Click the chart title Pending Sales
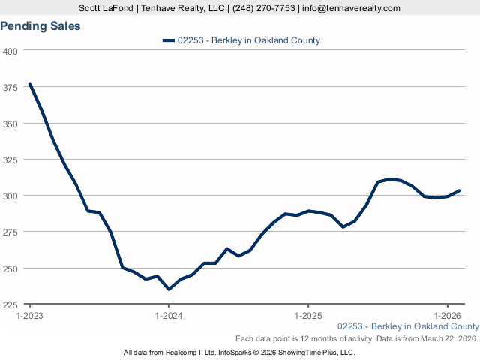pyautogui.click(x=40, y=26)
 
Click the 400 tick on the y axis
pyautogui.click(x=11, y=51)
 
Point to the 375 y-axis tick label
pyautogui.click(x=11, y=87)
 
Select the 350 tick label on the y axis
pyautogui.click(x=11, y=124)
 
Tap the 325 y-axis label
pyautogui.click(x=11, y=160)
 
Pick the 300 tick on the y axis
pyautogui.click(x=11, y=196)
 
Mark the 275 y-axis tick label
pyautogui.click(x=11, y=232)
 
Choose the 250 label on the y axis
pyautogui.click(x=11, y=268)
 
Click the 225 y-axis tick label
pyautogui.click(x=11, y=304)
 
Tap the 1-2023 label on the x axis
pyautogui.click(x=30, y=316)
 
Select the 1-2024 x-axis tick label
pyautogui.click(x=169, y=316)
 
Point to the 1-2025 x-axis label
pyautogui.click(x=308, y=316)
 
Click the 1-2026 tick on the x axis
pyautogui.click(x=447, y=316)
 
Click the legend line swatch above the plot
pyautogui.click(x=169, y=40)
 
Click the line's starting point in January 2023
pyautogui.click(x=30, y=83)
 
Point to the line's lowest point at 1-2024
pyautogui.click(x=169, y=289)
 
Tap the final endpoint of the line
pyautogui.click(x=459, y=190)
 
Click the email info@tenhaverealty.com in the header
pyautogui.click(x=351, y=8)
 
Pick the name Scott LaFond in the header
pyautogui.click(x=106, y=8)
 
